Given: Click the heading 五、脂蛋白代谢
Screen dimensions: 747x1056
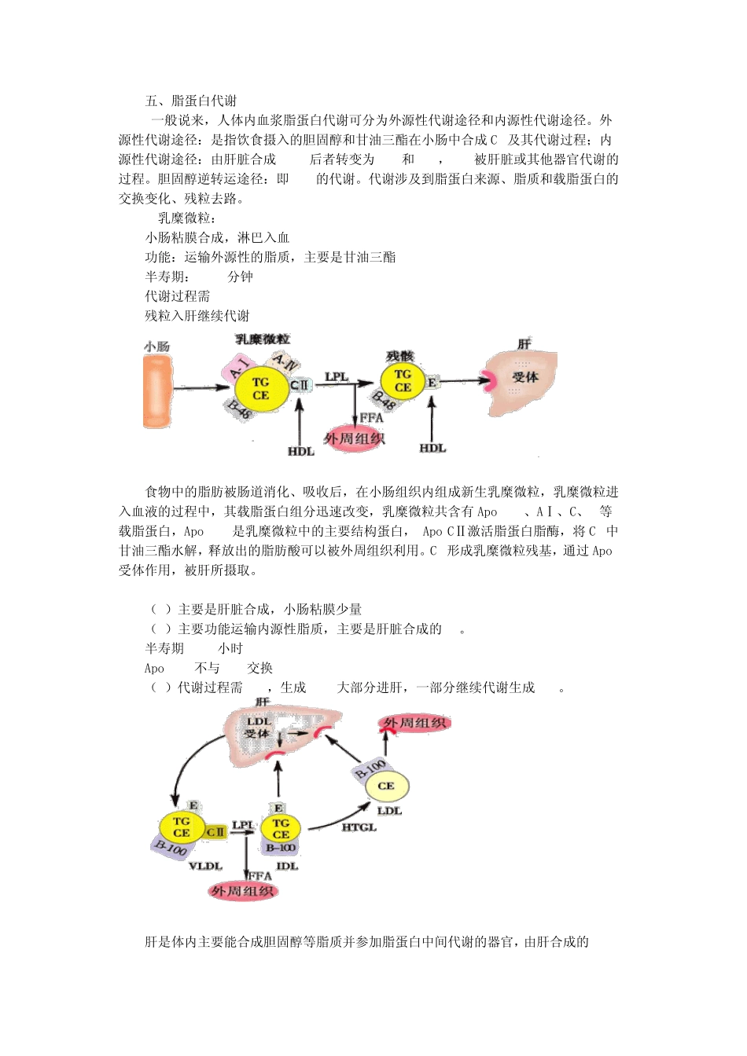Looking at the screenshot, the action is coord(190,101).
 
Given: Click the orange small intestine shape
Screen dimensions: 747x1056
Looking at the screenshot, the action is coord(157,391).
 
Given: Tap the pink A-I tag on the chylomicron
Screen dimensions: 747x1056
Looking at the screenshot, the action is coord(241,366).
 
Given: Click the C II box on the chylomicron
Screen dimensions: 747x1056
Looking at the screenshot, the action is coord(300,385).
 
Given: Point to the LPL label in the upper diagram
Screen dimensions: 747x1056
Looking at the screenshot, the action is coord(337,377).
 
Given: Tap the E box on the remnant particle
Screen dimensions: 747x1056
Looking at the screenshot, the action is coord(432,383).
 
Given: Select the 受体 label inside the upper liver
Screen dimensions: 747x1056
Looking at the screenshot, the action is coord(524,378).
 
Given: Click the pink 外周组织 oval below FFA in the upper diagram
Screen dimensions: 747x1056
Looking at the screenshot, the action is coord(355,439).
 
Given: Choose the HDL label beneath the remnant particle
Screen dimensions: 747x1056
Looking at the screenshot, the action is coord(432,448).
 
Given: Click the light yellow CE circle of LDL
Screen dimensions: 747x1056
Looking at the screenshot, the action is coord(385,786).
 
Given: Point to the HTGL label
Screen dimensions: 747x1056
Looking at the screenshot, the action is coord(359,827).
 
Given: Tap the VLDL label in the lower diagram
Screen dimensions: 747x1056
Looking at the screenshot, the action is coord(205,866).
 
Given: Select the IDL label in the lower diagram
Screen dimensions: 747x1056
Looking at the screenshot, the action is coord(287,866).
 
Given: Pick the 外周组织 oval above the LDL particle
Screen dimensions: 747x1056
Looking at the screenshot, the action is coord(415,723).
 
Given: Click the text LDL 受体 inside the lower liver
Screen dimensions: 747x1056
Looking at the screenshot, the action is coord(258,728).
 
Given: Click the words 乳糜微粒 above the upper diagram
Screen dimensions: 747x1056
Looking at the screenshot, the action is coord(263,339).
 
